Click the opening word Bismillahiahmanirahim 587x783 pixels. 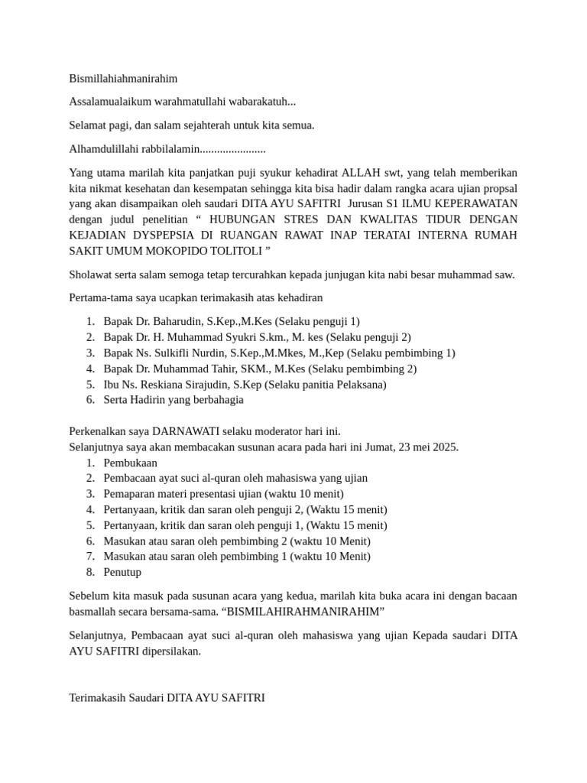pyautogui.click(x=123, y=78)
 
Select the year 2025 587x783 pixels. pyautogui.click(x=444, y=447)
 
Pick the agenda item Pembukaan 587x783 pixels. pyautogui.click(x=130, y=463)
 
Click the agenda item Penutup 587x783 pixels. pyautogui.click(x=122, y=572)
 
